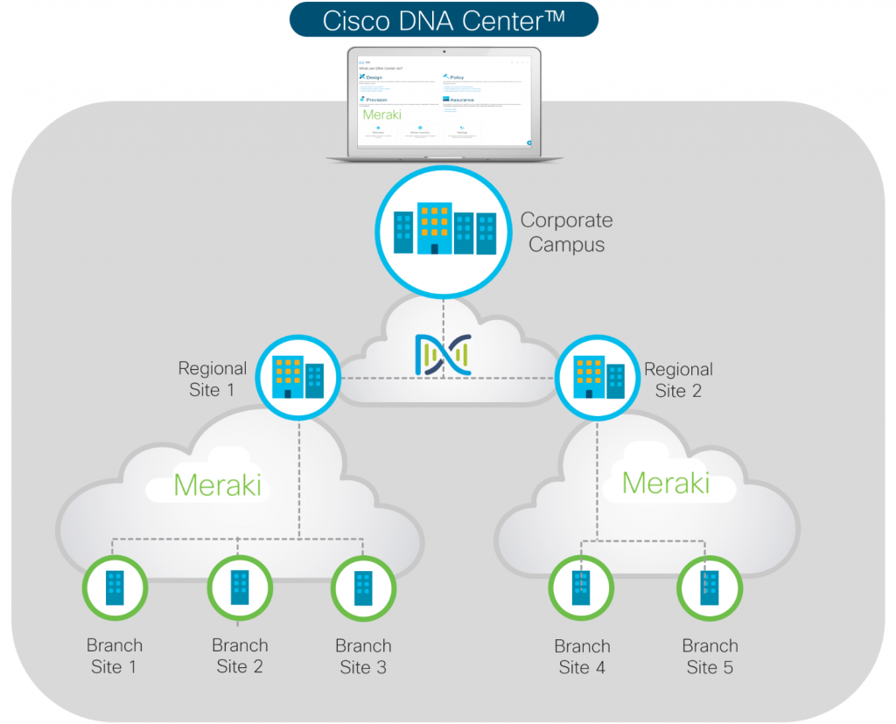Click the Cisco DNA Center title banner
point(444,20)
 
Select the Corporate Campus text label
point(566,233)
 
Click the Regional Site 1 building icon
point(298,378)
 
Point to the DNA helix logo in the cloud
point(443,355)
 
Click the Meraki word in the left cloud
point(217,484)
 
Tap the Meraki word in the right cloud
point(666,482)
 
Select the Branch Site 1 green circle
point(115,588)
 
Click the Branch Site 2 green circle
point(239,588)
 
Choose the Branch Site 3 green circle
point(363,588)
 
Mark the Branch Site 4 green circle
point(582,588)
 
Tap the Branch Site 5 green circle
point(709,588)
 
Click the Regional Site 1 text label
point(212,379)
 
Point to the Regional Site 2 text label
point(678,379)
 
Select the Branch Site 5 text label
point(710,657)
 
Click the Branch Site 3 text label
point(363,656)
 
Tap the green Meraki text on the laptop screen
point(381,115)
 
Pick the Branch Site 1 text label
point(114,656)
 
